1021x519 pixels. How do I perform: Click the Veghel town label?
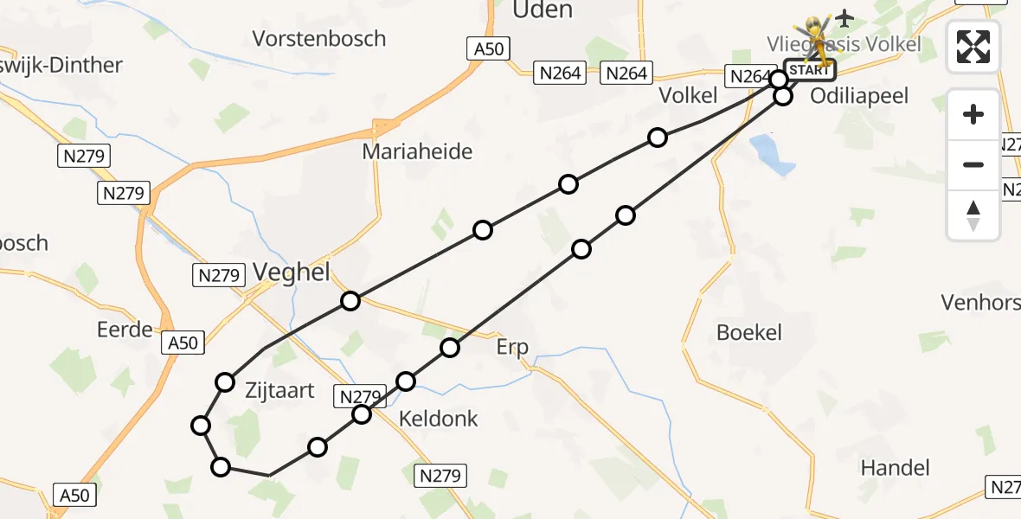[292, 272]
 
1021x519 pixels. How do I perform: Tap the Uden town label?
[543, 10]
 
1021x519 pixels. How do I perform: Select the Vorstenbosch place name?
[319, 38]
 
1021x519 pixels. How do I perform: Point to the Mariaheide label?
[417, 152]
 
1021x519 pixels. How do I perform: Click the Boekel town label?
[749, 332]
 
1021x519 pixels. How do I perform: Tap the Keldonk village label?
[438, 420]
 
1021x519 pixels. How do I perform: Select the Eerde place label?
[125, 329]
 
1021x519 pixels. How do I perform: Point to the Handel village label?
[895, 468]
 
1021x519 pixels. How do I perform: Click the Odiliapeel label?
[859, 96]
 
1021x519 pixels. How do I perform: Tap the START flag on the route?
[809, 70]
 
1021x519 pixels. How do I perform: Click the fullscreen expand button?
[973, 47]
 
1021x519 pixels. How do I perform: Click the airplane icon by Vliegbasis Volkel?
[844, 17]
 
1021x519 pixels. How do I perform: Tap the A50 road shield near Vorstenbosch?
[489, 48]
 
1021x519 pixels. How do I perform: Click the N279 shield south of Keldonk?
[440, 475]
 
